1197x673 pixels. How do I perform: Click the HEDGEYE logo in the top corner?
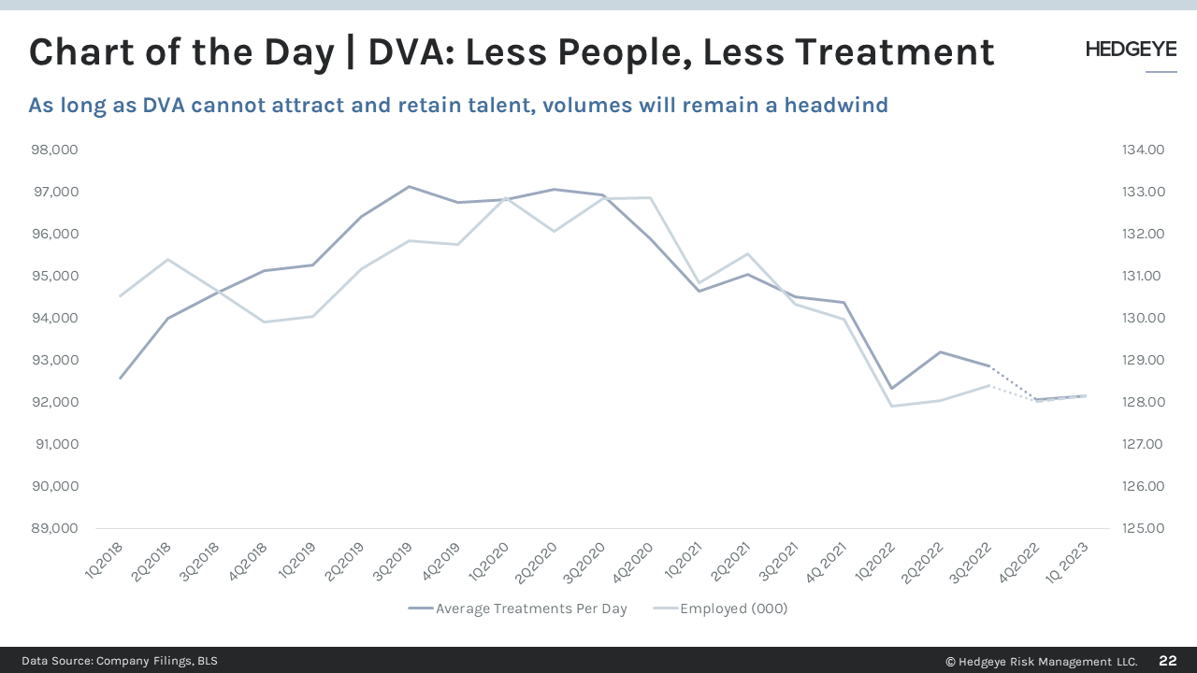point(1131,50)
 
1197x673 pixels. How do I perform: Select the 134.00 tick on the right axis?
point(1143,150)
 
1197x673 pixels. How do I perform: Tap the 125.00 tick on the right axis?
point(1143,528)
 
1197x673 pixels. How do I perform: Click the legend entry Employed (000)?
point(733,609)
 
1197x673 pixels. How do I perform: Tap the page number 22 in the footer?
point(1168,661)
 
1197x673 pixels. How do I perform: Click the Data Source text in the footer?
point(120,661)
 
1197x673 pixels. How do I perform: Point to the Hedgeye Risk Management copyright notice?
point(1042,661)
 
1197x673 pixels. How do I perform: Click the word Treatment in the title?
point(895,52)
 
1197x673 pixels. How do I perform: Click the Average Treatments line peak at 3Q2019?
point(410,186)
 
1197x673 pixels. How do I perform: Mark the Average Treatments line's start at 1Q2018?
point(120,379)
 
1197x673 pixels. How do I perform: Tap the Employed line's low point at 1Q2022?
point(892,406)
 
